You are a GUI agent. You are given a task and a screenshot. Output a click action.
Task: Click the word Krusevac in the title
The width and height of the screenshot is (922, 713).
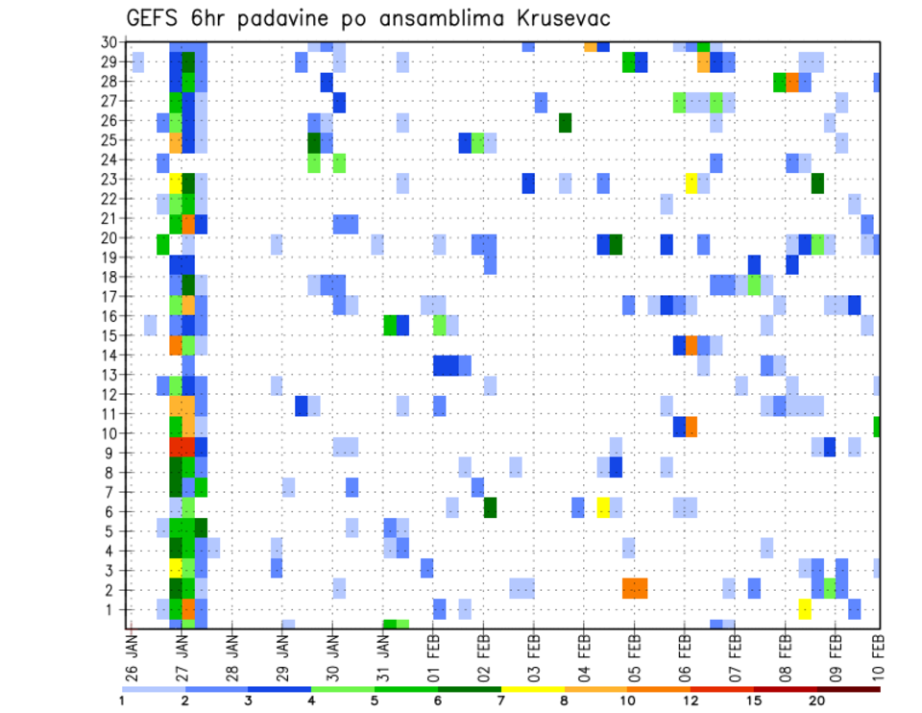557,18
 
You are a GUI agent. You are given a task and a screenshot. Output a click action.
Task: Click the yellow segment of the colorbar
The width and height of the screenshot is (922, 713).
532,688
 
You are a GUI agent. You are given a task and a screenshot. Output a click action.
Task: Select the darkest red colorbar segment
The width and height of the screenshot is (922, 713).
848,688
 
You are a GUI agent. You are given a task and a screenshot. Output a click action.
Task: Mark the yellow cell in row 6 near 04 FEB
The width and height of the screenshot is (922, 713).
603,507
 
